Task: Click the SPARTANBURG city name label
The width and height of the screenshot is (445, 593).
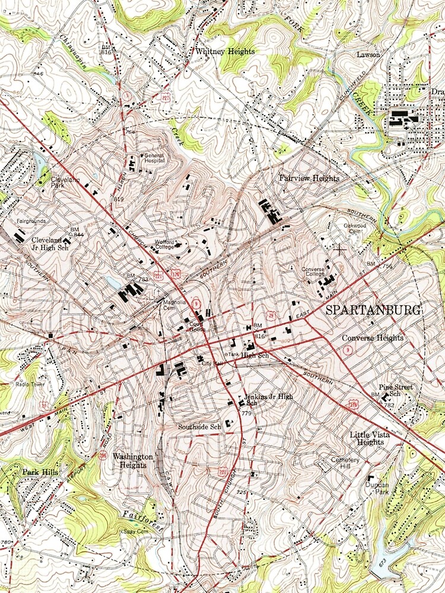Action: click(373, 310)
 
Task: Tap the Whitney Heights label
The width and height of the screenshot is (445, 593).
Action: click(225, 52)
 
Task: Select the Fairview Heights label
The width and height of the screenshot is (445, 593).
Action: click(309, 178)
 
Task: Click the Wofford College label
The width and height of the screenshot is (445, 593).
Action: click(167, 246)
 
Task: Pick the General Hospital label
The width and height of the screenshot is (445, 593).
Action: click(153, 158)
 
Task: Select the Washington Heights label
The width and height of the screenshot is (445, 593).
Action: click(133, 461)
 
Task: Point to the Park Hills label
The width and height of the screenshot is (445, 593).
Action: click(40, 472)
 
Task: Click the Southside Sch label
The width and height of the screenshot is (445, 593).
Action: click(199, 426)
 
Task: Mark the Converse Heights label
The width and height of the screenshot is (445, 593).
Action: click(373, 338)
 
